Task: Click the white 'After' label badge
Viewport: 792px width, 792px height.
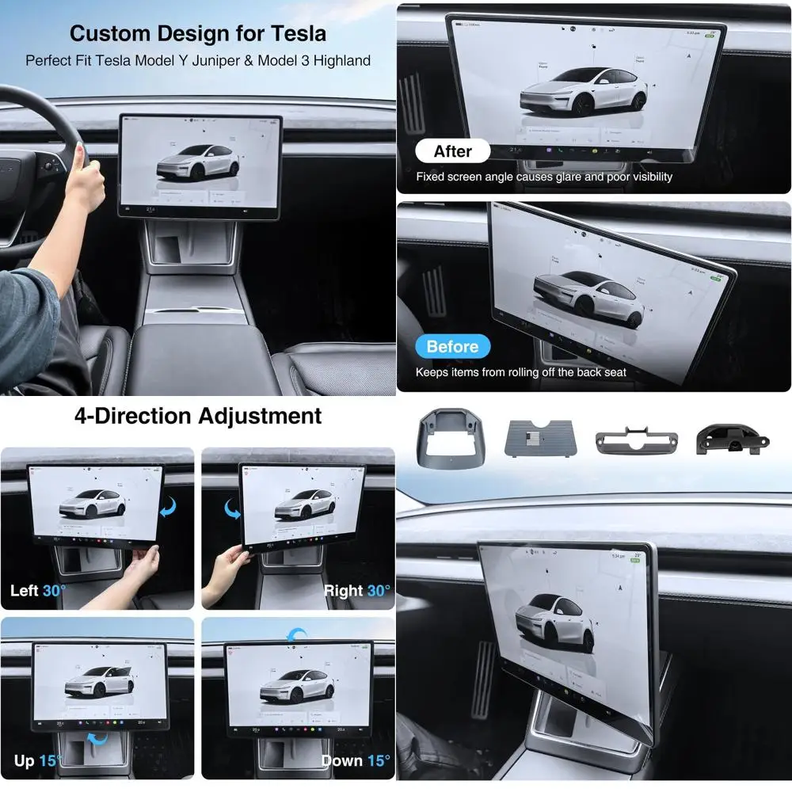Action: tap(452, 151)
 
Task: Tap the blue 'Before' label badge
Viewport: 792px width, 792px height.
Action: tap(452, 347)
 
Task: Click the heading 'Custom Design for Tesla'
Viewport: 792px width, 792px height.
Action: tap(198, 33)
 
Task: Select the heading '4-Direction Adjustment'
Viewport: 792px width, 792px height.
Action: tap(198, 416)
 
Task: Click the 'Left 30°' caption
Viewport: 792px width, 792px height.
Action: tap(39, 591)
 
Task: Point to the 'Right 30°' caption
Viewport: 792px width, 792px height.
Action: tap(356, 591)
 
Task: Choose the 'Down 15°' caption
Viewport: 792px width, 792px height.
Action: tap(356, 761)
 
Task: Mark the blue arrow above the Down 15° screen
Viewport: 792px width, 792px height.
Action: tap(296, 634)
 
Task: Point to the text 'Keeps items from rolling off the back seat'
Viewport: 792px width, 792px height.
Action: tap(521, 372)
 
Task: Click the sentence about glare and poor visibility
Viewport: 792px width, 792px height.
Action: tap(544, 177)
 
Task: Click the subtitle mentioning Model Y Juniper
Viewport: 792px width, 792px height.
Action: tap(198, 60)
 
